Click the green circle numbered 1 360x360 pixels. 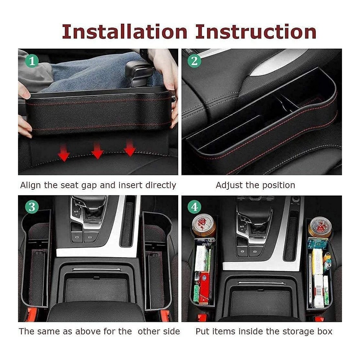(32, 61)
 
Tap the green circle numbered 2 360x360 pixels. (194, 61)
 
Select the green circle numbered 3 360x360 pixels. (32, 207)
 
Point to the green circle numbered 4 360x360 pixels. (194, 207)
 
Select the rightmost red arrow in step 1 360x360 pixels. (130, 148)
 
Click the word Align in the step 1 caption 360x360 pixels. (31, 185)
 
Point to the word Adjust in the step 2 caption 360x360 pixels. (229, 185)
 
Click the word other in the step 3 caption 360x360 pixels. (148, 331)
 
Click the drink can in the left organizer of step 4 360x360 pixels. (204, 225)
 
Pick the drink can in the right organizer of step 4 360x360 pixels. (320, 227)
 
